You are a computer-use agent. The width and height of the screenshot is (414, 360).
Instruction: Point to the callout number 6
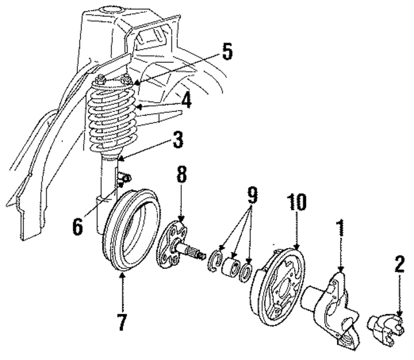(77, 226)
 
